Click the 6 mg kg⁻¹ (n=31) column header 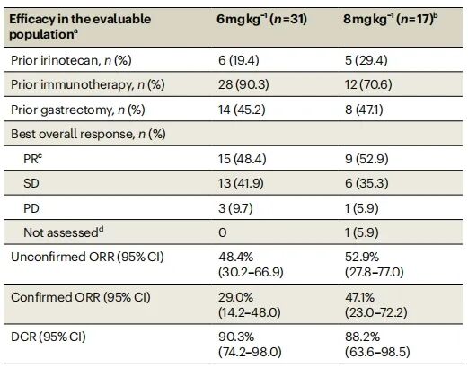coord(262,20)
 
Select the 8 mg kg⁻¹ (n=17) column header coord(391,20)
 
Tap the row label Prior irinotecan coord(55,60)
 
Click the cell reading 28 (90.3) coord(243,84)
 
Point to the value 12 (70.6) coord(368,84)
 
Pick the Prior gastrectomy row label coord(62,110)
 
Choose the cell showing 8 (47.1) coord(364,110)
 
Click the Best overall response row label coord(72,134)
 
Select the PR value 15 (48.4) coord(243,159)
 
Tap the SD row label coord(31,183)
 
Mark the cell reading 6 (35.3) coord(366,183)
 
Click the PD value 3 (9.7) coord(235,208)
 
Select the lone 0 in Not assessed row coord(223,232)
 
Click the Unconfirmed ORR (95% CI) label coord(87,257)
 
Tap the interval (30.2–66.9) coord(251,272)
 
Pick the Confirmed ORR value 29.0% coord(235,297)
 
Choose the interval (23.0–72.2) coord(376,312)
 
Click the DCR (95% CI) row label coord(49,337)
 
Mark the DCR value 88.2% coord(362,337)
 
